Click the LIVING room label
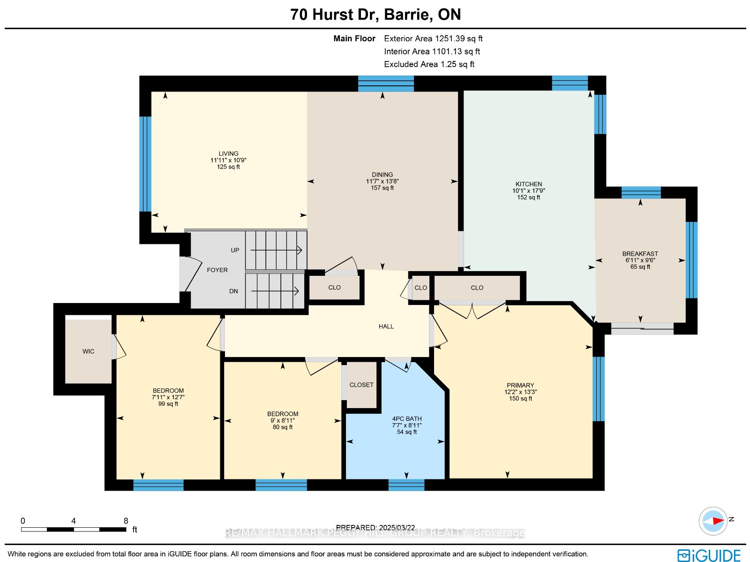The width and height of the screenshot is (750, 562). pyautogui.click(x=228, y=153)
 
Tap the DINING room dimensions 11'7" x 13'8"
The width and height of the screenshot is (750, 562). pyautogui.click(x=382, y=181)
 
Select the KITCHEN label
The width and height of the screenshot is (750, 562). pyautogui.click(x=529, y=184)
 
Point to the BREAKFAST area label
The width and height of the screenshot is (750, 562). pyautogui.click(x=640, y=254)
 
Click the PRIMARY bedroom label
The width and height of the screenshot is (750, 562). pyautogui.click(x=520, y=385)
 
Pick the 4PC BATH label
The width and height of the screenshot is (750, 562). pyautogui.click(x=406, y=419)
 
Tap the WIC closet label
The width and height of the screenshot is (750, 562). pyautogui.click(x=88, y=351)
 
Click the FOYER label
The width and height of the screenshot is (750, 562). pyautogui.click(x=217, y=270)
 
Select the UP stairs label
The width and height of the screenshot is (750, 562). pyautogui.click(x=235, y=250)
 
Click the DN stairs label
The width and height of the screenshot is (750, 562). pyautogui.click(x=233, y=291)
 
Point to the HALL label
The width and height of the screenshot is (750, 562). pyautogui.click(x=386, y=327)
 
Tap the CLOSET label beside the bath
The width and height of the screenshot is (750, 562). pyautogui.click(x=361, y=385)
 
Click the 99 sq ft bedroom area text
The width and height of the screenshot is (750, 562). pyautogui.click(x=168, y=404)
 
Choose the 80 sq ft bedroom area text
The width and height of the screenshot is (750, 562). pyautogui.click(x=283, y=427)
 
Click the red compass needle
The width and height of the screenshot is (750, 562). pyautogui.click(x=718, y=521)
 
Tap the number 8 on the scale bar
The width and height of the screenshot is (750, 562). pyautogui.click(x=126, y=521)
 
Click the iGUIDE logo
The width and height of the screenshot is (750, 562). pyautogui.click(x=709, y=555)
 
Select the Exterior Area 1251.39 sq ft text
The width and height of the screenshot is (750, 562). pyautogui.click(x=433, y=38)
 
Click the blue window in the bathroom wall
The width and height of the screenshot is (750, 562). pyautogui.click(x=406, y=485)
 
